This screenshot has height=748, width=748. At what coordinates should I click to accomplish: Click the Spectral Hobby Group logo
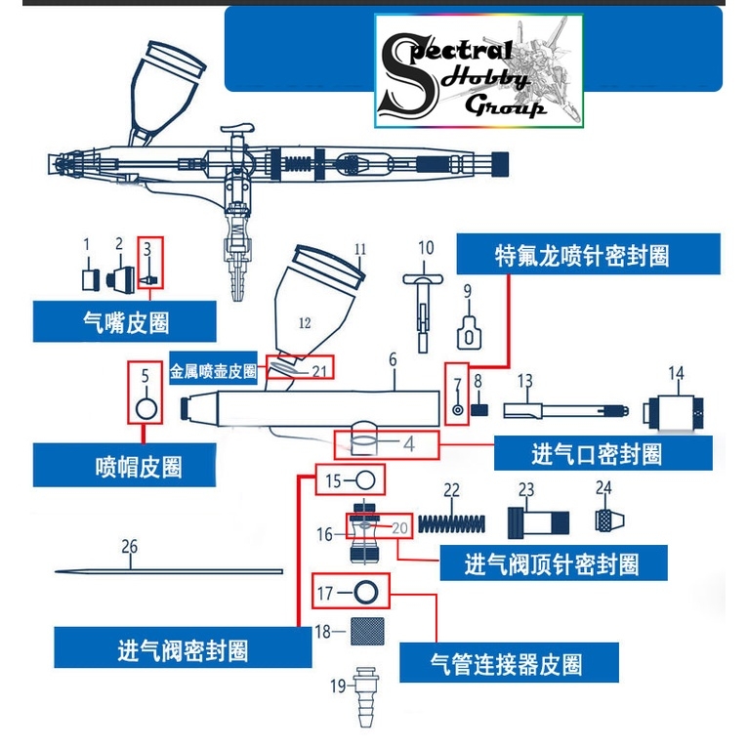pos(478,70)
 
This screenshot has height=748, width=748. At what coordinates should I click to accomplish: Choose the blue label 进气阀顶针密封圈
pos(553,563)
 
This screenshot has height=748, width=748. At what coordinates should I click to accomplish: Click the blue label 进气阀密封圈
pos(183,649)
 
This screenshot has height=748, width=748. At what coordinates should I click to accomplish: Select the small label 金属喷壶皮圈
pos(213,372)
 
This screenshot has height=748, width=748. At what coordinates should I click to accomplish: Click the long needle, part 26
pos(166,572)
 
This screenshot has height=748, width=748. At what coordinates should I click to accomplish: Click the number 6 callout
pos(393,359)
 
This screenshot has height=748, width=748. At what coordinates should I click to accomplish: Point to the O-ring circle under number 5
pos(145,407)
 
